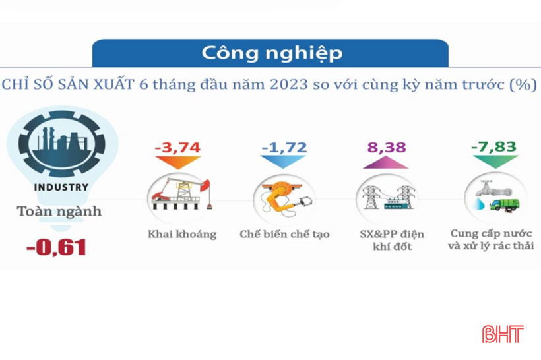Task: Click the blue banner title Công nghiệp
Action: click(x=272, y=53)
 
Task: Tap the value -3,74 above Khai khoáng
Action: click(x=177, y=148)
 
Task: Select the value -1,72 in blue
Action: click(x=284, y=148)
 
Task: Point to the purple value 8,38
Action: click(x=387, y=148)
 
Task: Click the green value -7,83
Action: click(x=493, y=147)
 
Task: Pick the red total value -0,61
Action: click(x=56, y=247)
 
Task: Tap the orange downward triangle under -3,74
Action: click(x=178, y=162)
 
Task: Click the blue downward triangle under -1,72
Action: click(x=283, y=162)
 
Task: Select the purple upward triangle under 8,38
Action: click(x=386, y=162)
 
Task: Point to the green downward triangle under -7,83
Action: click(x=495, y=162)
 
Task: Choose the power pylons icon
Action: click(x=388, y=198)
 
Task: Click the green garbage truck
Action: click(x=505, y=204)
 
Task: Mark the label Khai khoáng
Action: click(x=182, y=235)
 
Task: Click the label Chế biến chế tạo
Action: click(x=284, y=235)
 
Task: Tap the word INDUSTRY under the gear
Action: click(x=61, y=187)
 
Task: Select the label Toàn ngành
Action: click(x=59, y=212)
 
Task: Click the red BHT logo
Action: click(x=503, y=334)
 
